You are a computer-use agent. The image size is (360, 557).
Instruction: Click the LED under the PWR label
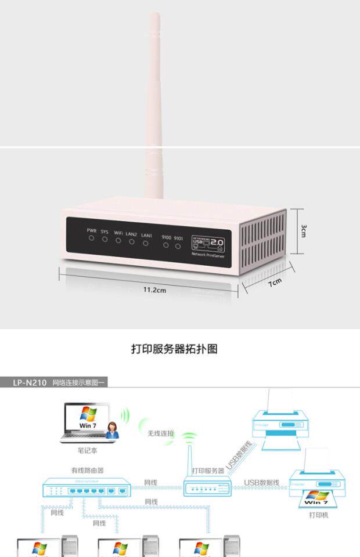91,238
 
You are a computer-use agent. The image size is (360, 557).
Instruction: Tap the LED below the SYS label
105,239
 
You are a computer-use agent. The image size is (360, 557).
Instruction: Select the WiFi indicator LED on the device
118,240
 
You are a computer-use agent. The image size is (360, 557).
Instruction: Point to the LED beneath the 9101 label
178,245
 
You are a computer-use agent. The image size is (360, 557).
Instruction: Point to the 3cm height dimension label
304,230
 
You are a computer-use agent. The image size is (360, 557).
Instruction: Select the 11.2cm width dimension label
155,290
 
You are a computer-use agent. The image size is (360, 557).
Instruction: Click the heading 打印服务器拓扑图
174,349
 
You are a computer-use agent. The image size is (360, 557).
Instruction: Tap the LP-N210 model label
31,382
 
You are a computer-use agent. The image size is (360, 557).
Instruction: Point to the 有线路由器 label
87,470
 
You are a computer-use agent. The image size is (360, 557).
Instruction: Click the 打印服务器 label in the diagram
208,470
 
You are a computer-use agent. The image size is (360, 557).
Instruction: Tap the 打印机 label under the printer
319,514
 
